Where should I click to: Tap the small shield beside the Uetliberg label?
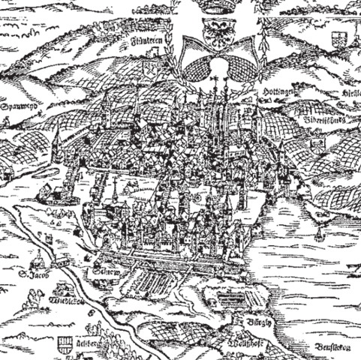coord(63,346)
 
